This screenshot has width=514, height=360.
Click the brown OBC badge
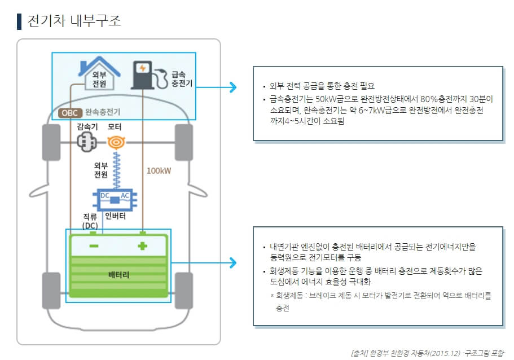(71, 112)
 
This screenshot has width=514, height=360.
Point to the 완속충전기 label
(103, 112)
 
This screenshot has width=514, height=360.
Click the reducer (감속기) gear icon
(87, 143)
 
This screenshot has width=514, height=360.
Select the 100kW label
(159, 171)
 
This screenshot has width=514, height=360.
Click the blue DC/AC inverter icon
(115, 199)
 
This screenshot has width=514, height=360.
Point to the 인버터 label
(115, 216)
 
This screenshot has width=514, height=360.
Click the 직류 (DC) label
(90, 221)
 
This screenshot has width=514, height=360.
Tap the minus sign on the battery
(94, 247)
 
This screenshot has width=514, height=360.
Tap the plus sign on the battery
(142, 247)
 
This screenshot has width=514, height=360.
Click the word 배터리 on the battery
(118, 275)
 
